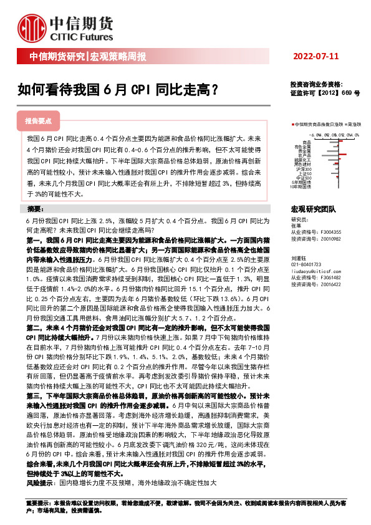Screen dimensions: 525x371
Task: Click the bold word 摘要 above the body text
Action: (38, 209)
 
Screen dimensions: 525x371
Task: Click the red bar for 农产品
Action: (342, 154)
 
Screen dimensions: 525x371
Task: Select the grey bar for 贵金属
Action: (332, 151)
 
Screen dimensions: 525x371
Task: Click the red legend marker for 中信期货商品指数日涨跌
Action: (293, 125)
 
